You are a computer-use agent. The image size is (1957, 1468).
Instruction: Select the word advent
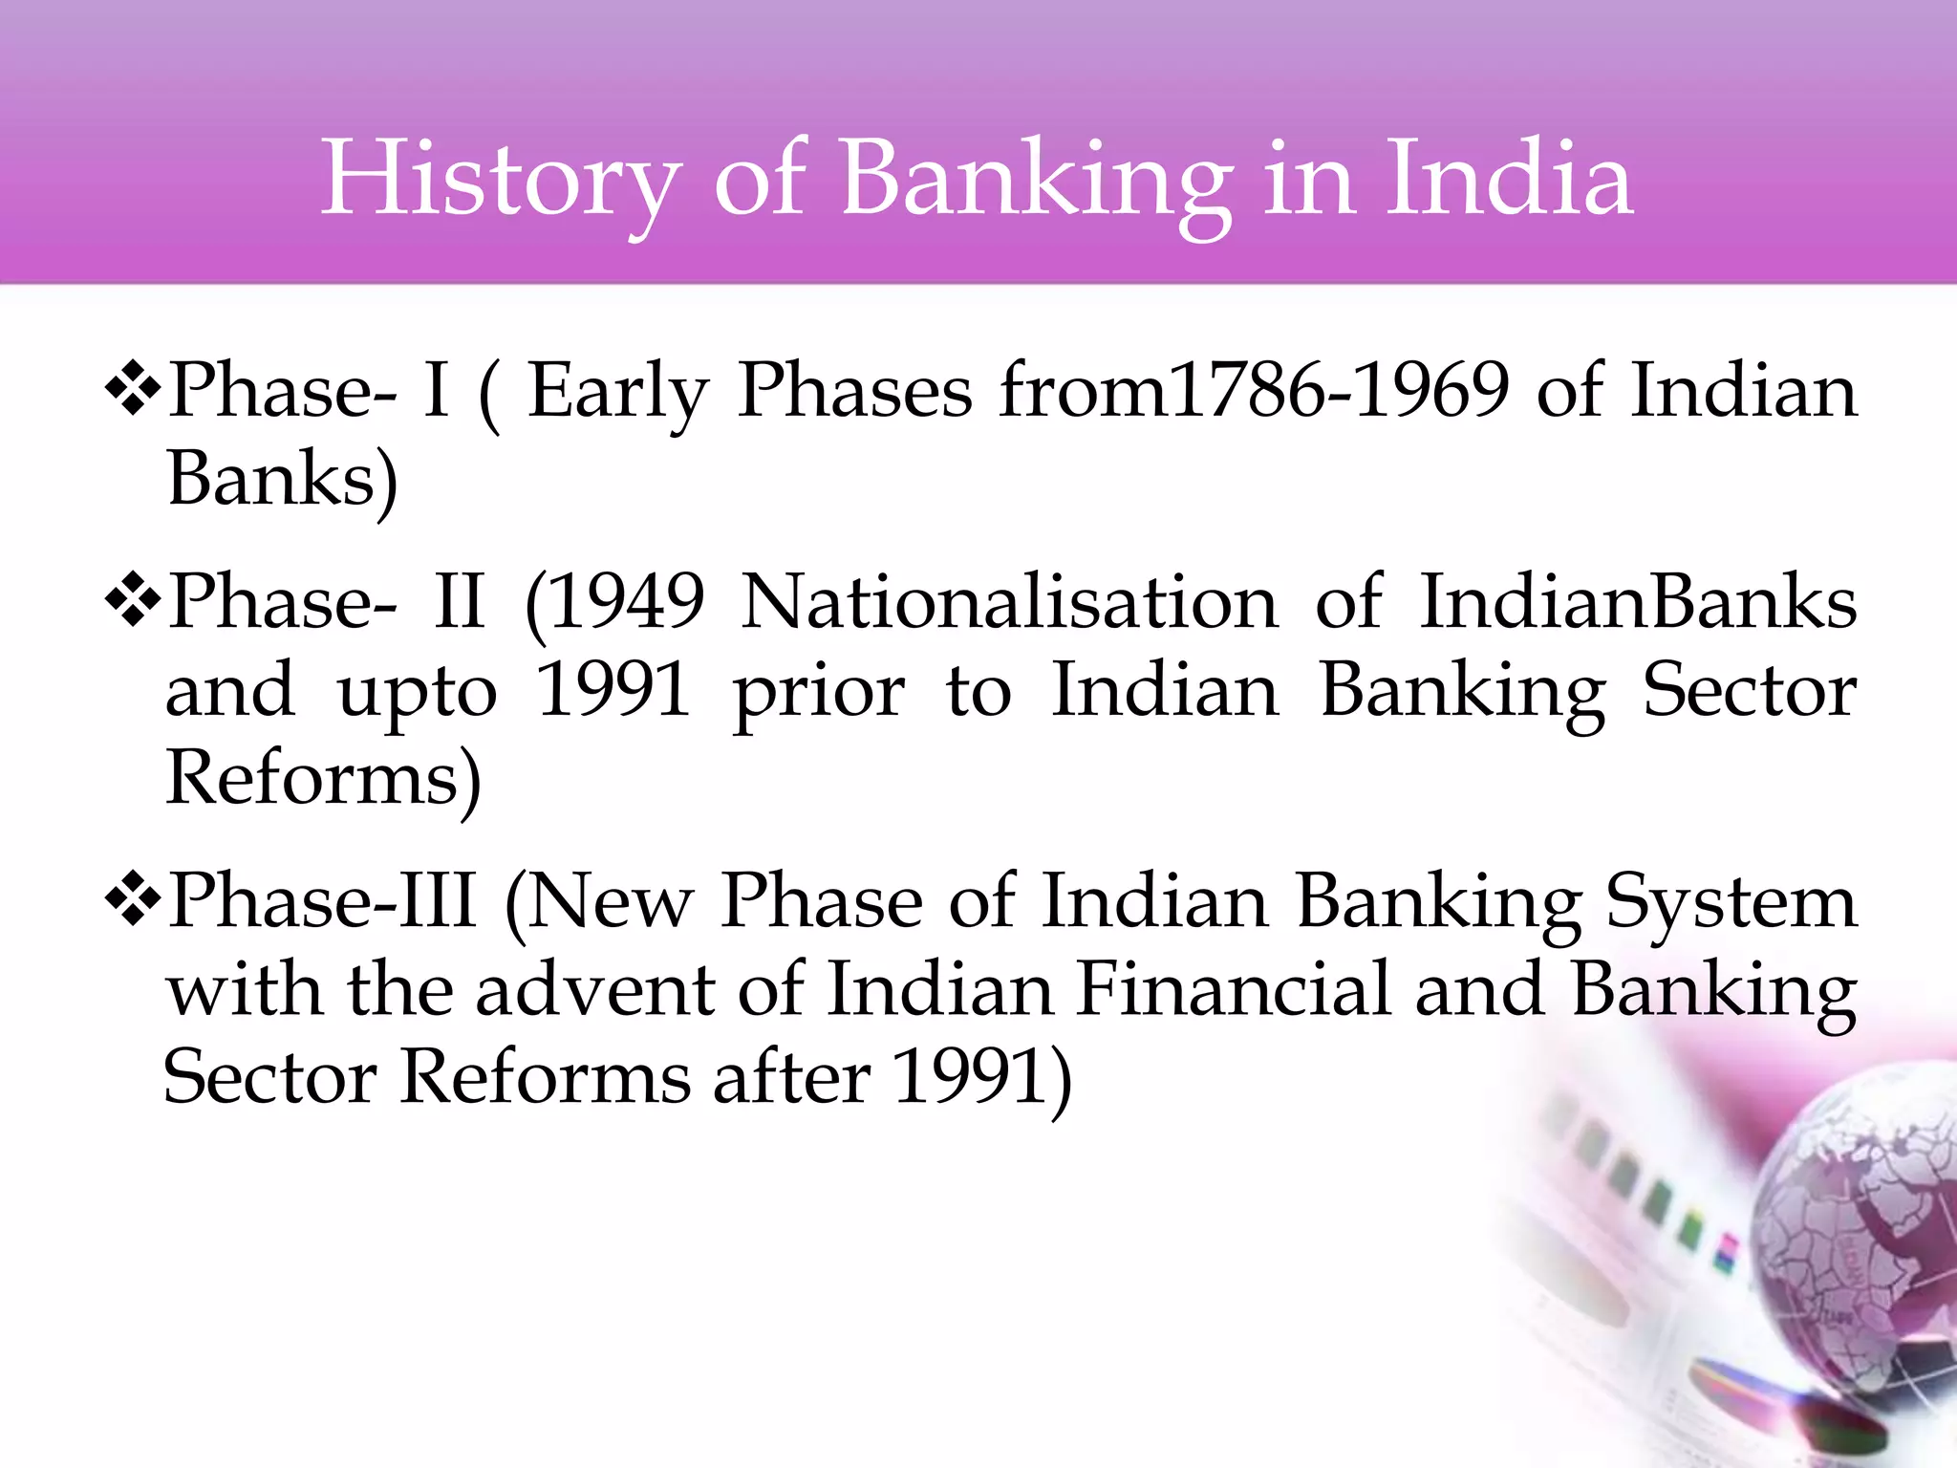pos(594,990)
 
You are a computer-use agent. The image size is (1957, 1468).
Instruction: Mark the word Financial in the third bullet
pos(1234,990)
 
